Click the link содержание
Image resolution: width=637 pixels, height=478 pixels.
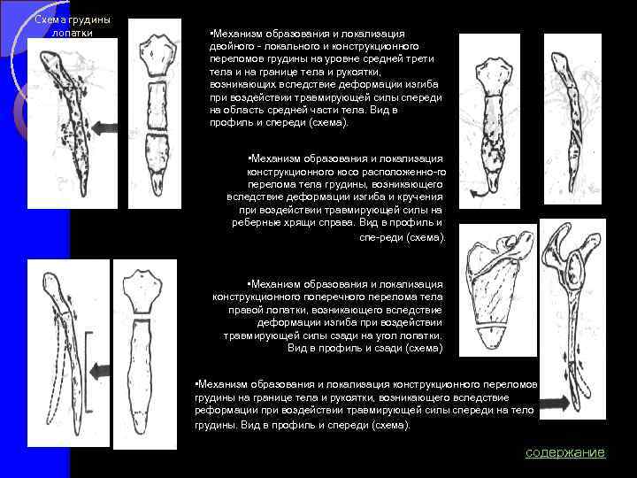coord(565,452)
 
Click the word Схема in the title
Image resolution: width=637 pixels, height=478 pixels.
coord(49,19)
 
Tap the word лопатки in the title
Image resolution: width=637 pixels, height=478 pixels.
coord(70,33)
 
